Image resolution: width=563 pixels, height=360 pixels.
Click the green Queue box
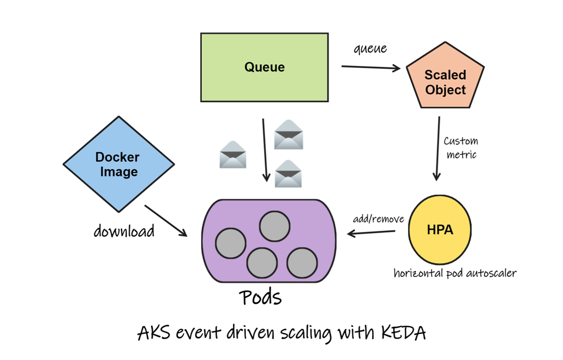(x=264, y=67)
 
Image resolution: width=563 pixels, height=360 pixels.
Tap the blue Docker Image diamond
(x=118, y=164)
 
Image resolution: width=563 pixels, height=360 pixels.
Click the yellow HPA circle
(x=440, y=229)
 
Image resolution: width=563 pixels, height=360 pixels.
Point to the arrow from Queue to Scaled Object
(x=371, y=68)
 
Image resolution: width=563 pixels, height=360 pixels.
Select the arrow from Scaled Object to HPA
(x=438, y=148)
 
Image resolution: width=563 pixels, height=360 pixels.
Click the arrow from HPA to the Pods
(x=371, y=232)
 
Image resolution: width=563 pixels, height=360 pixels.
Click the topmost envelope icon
(x=289, y=134)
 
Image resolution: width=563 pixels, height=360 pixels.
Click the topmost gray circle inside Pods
(x=274, y=226)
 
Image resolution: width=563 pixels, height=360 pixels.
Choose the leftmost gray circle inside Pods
(x=230, y=243)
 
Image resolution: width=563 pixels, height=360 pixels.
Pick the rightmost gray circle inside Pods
(x=302, y=262)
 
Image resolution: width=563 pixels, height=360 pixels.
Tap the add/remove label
(x=378, y=219)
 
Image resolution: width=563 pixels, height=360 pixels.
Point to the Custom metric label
(x=461, y=148)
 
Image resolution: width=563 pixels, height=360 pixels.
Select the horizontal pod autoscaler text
(x=455, y=273)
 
